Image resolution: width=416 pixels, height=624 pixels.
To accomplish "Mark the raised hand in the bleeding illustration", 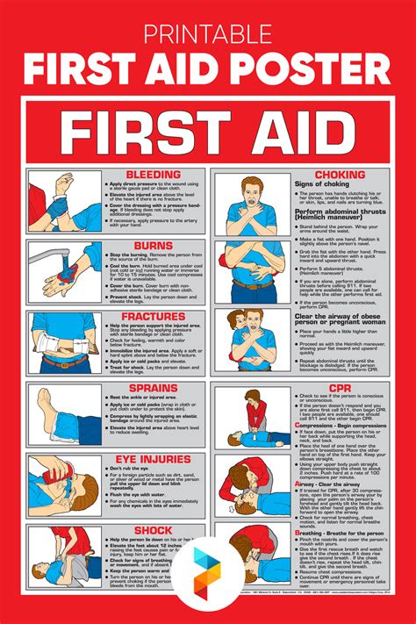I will [x=62, y=183].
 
